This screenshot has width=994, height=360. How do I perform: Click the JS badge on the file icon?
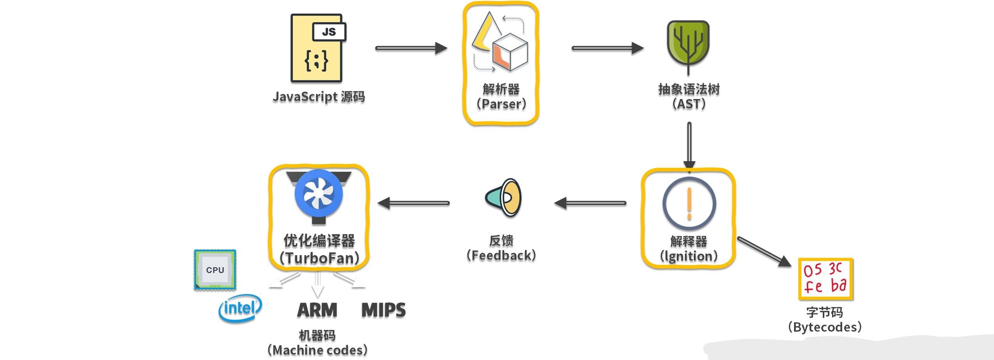click(329, 32)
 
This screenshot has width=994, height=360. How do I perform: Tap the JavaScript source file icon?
click(317, 48)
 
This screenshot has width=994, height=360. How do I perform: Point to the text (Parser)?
click(501, 104)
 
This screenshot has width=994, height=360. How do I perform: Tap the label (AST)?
click(689, 104)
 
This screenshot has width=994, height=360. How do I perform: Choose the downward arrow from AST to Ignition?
click(689, 146)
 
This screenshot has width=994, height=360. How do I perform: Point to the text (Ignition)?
click(689, 256)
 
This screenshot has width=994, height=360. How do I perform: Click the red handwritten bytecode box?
click(825, 279)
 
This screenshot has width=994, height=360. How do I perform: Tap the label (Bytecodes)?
click(825, 327)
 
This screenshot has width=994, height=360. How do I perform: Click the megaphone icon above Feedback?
click(504, 198)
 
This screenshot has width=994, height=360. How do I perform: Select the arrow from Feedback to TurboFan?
click(413, 203)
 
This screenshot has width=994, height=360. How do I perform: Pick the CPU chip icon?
click(215, 270)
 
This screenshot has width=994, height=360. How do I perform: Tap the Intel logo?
click(240, 308)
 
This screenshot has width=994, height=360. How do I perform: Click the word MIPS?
click(383, 310)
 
